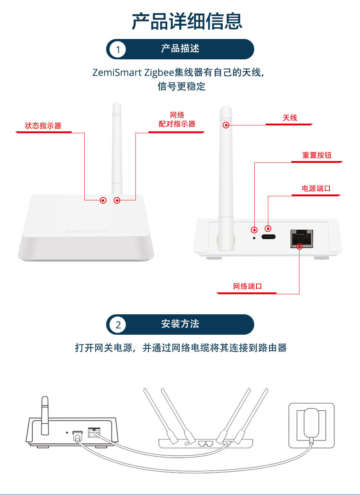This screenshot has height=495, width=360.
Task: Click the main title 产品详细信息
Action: [187, 21]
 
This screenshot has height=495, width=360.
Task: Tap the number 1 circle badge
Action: [118, 49]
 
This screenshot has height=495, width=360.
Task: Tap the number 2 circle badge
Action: [118, 325]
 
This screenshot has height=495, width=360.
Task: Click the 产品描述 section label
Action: [180, 48]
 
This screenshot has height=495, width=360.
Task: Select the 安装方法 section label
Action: [180, 324]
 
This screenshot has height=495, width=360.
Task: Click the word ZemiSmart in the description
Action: [117, 72]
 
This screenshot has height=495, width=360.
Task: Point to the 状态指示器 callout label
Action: [43, 126]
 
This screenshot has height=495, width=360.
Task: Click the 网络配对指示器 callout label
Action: [177, 119]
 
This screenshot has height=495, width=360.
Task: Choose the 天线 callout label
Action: [290, 118]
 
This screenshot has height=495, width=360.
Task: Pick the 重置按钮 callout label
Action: [317, 155]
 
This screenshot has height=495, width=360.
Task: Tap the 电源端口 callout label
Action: [316, 189]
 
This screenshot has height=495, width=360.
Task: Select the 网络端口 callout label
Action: [247, 286]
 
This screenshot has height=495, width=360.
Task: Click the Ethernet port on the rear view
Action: [302, 239]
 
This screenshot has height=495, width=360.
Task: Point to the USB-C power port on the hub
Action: [268, 237]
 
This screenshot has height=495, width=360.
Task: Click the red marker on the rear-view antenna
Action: [226, 125]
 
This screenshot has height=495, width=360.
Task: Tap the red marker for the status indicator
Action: [103, 200]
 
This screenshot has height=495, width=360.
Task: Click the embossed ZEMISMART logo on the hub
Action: [86, 232]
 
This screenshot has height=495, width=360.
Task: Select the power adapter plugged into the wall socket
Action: [311, 423]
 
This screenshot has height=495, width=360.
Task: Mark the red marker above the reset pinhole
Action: [254, 230]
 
